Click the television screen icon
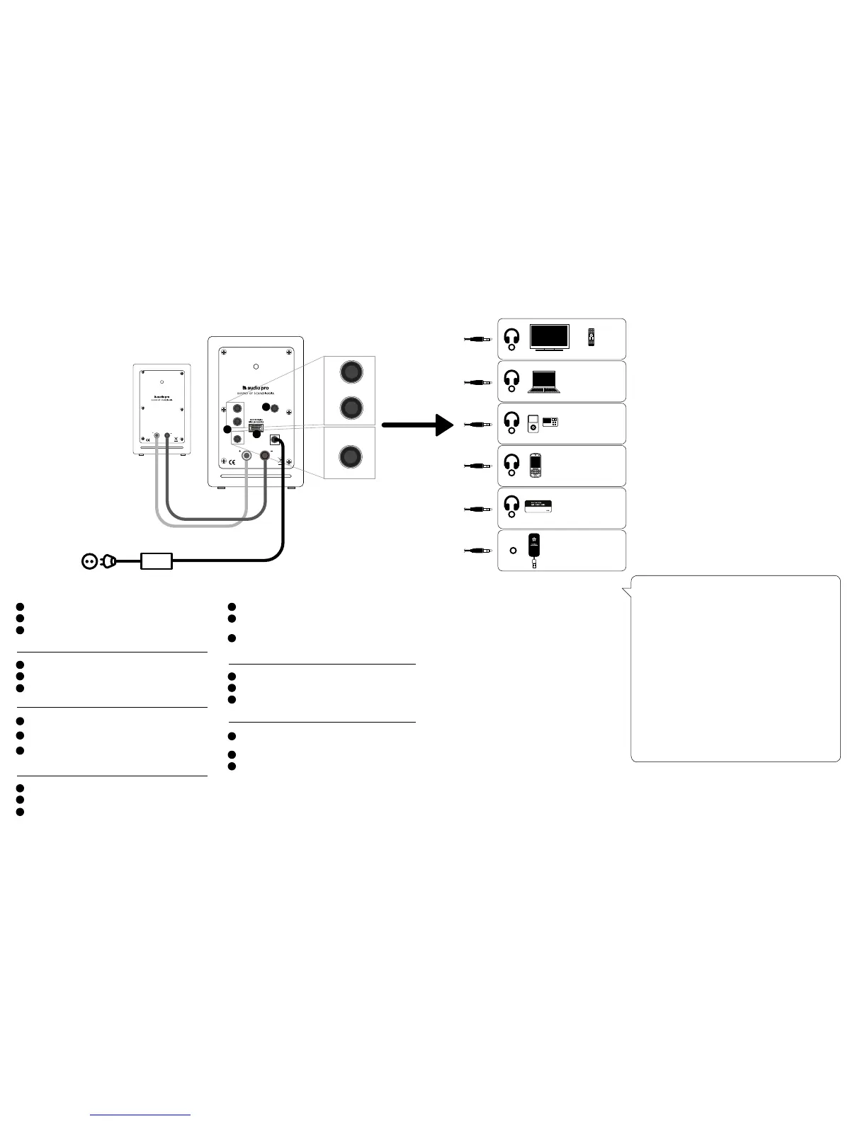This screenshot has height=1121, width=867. [550, 338]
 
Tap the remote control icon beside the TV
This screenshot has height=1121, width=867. [591, 338]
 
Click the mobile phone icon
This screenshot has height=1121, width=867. [536, 465]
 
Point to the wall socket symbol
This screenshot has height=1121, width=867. [89, 562]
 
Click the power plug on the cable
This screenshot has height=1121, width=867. [109, 562]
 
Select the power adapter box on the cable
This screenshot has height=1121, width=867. [157, 561]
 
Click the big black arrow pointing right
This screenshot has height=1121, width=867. [418, 425]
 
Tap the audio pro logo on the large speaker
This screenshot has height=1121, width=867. [256, 387]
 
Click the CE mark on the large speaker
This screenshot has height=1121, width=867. [230, 464]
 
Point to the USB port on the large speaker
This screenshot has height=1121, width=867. [256, 429]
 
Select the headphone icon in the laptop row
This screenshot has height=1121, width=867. [511, 380]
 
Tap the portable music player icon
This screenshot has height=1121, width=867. [533, 425]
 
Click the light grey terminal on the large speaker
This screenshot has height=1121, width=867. [246, 457]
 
